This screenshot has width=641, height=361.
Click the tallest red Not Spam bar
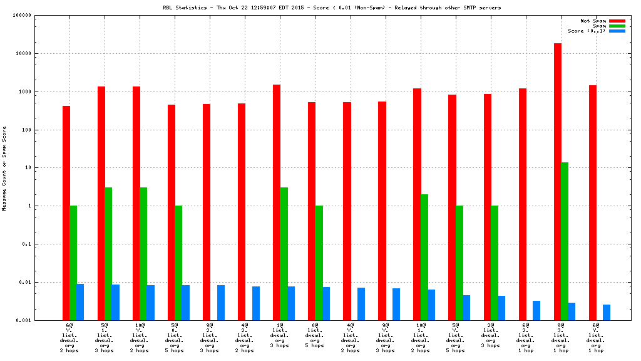557,182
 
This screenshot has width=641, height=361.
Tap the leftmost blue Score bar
80,302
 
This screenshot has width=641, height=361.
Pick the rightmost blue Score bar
607,312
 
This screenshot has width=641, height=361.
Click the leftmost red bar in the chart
66,213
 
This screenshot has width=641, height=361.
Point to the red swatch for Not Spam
617,21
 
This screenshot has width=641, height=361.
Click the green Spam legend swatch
617,26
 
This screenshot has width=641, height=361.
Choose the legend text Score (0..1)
587,31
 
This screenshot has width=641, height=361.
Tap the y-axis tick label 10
28,168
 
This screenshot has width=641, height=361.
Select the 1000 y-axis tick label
24,92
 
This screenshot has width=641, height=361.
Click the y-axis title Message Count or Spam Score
4,168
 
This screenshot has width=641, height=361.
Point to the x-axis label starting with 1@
280,335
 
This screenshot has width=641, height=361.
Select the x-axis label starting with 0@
315,335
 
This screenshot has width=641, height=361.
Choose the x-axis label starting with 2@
491,335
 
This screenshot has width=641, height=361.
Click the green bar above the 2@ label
495,263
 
